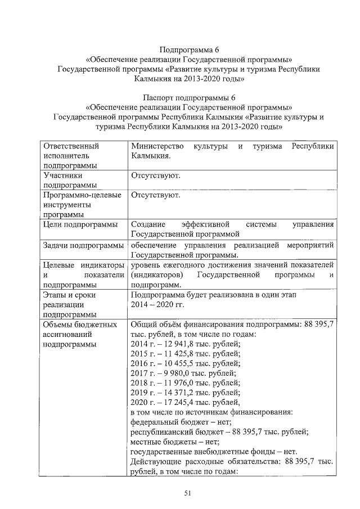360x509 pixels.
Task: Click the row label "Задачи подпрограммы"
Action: pyautogui.click(x=83, y=246)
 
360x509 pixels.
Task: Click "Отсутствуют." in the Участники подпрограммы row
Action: pyautogui.click(x=156, y=177)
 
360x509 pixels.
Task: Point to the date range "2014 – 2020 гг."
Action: pyautogui.click(x=157, y=304)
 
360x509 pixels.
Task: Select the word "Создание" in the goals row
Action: pyautogui.click(x=148, y=224)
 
